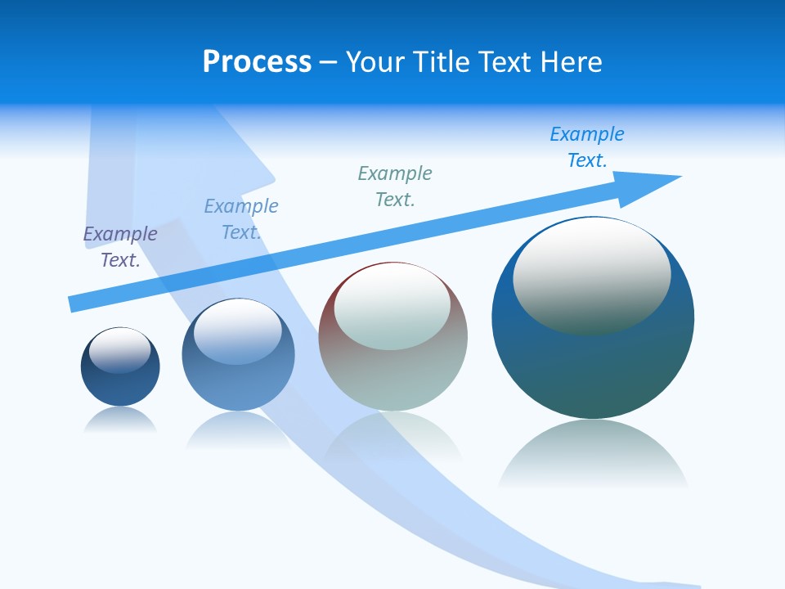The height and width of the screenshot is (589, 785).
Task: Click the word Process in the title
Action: tap(257, 62)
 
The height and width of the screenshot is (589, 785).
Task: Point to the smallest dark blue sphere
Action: tap(120, 384)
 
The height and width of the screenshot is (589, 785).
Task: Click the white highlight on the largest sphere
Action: tap(591, 274)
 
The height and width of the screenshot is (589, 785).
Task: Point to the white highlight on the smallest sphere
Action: tap(120, 350)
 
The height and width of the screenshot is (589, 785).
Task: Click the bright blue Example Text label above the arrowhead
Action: tap(587, 147)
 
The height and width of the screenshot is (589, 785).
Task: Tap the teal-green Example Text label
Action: tap(395, 187)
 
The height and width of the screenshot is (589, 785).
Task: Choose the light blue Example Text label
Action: tap(241, 219)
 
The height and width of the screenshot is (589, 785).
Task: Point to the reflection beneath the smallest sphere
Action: tap(120, 420)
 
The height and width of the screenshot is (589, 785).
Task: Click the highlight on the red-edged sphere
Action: tap(392, 307)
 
